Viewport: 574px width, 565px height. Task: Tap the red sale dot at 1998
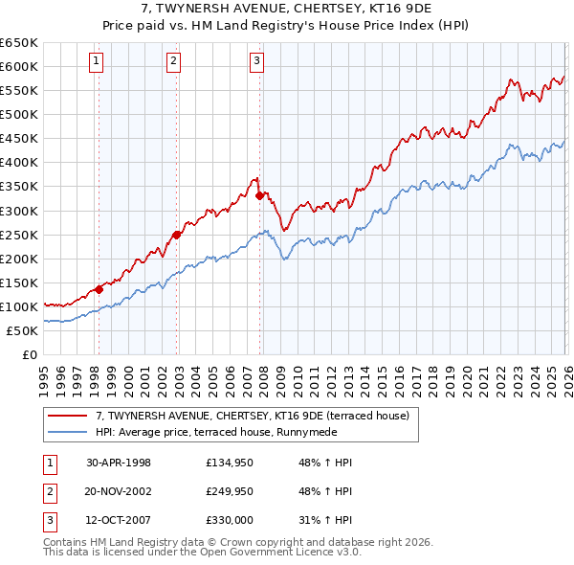[99, 288]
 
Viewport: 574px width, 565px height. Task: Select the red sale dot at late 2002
[177, 235]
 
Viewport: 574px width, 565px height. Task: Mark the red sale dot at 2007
[259, 195]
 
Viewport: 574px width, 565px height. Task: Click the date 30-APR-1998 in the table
[119, 463]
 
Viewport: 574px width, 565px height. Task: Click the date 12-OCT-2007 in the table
[119, 520]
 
